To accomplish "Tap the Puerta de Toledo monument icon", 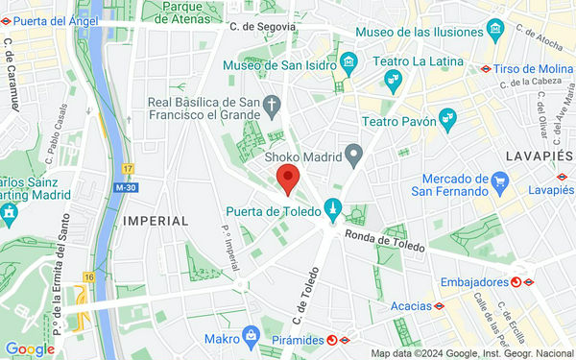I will [x=332, y=206].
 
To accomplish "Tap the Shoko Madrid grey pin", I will [x=353, y=154].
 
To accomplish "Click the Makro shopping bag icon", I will [x=251, y=335].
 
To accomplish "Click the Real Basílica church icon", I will [x=273, y=104].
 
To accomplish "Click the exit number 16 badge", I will [x=88, y=277].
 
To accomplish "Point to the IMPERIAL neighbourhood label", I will [x=156, y=221].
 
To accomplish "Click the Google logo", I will [x=29, y=349].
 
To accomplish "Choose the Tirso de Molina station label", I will [x=533, y=70].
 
